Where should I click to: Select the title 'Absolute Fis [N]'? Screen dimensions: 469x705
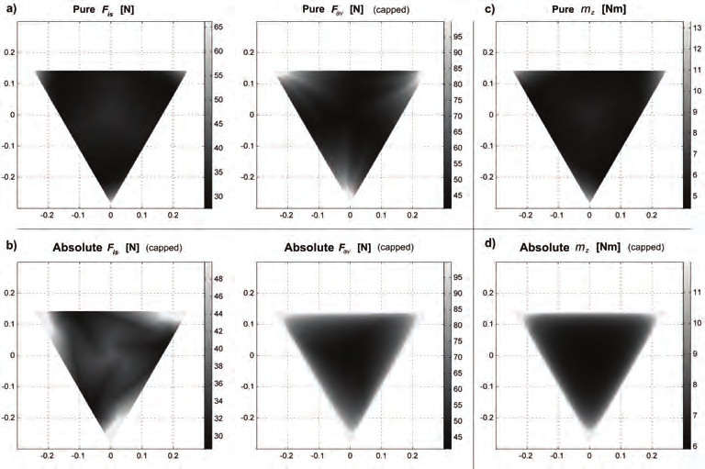coord(97,247)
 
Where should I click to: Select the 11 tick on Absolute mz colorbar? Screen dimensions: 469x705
coord(698,293)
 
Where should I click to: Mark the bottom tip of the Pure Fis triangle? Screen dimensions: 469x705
coord(111,202)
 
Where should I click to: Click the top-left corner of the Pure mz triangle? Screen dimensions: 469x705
coord(513,71)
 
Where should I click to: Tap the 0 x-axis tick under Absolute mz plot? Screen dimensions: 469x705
coord(589,454)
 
